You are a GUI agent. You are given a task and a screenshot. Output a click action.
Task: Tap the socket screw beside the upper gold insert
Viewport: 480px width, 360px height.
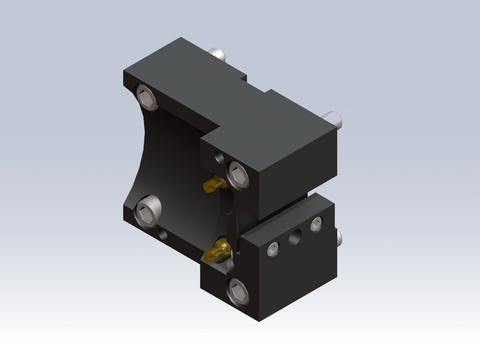point(238,174)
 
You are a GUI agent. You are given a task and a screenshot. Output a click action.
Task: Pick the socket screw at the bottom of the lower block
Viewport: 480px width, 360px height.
point(238,291)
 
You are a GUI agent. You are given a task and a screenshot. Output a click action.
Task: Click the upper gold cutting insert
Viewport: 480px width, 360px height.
point(212,185)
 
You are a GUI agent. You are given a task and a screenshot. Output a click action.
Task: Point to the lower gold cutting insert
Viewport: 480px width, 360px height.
point(215,253)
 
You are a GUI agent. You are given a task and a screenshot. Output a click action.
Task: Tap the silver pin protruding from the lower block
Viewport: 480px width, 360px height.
point(340,238)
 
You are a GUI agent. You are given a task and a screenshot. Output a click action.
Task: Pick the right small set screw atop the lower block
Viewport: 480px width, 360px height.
point(316,225)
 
